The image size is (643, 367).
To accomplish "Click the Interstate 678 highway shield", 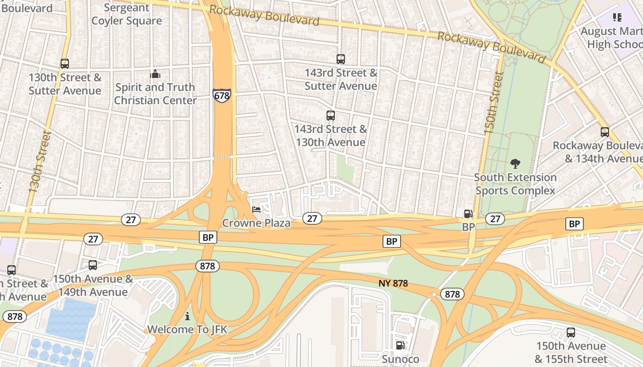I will coord(221,95).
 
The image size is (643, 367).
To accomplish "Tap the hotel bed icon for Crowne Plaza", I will coord(256,210).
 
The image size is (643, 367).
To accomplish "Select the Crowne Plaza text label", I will coord(256,223).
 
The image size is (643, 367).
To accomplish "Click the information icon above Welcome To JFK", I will coord(187,316).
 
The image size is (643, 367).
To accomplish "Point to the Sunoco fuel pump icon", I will coord(400,345).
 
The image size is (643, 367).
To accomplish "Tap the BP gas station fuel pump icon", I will coord(468,214).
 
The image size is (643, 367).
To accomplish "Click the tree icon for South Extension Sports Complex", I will coord(515,164).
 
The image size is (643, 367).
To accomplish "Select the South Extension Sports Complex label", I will coord(515,184).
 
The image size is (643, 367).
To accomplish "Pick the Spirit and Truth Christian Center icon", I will coord(155,74).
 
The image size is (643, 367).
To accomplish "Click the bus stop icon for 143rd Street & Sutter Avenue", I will coord(340,59).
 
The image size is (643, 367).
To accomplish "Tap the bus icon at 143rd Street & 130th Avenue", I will coord(330,116).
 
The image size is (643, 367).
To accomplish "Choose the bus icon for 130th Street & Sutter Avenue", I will coord(65,64).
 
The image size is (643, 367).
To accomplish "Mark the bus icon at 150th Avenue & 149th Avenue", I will coord(93,265).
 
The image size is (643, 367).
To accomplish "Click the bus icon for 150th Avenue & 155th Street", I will coord(571,333).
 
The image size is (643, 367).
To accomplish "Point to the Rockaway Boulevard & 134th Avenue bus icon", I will coord(605,132).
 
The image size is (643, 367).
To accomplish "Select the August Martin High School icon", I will coord(617,18).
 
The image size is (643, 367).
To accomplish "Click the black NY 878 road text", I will coord(393,284).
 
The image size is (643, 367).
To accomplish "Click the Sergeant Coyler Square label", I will coord(127,14).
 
